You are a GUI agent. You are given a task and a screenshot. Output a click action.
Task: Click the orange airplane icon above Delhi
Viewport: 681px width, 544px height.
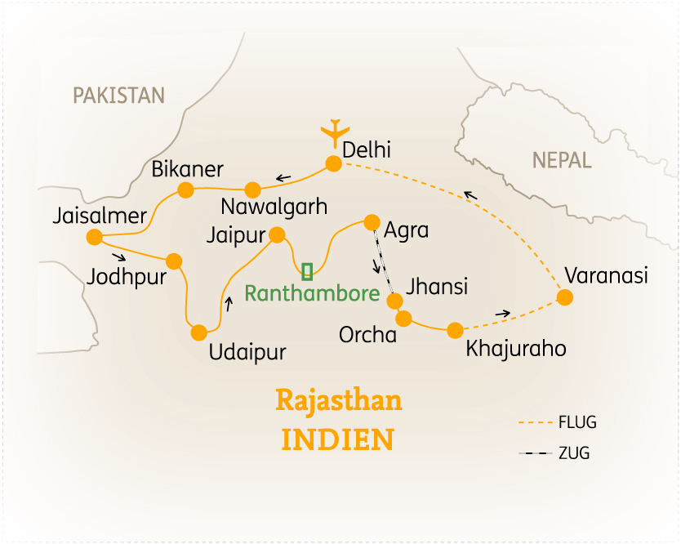click(334, 132)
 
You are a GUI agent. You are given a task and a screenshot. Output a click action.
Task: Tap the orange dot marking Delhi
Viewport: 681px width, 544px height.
click(333, 163)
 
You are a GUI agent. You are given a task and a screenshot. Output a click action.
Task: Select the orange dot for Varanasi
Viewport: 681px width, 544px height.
click(564, 297)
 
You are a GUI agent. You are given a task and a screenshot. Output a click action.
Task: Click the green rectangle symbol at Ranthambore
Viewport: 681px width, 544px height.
click(307, 270)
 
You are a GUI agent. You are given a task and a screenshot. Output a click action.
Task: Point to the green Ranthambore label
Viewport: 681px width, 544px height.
click(313, 294)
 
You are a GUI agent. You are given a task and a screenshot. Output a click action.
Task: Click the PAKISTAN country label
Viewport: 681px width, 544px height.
click(118, 96)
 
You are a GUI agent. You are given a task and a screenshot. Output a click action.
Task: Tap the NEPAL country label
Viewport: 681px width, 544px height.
click(562, 160)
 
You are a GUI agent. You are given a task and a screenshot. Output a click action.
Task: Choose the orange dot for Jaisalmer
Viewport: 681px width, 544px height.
click(94, 238)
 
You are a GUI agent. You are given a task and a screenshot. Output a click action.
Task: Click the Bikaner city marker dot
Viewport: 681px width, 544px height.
click(185, 190)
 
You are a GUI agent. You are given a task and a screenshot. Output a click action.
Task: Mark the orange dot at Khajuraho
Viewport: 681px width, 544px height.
click(455, 330)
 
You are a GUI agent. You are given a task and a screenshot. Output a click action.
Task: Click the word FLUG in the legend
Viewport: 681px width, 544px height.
click(577, 423)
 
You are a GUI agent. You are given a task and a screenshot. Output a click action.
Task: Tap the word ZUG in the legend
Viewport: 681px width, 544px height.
click(574, 453)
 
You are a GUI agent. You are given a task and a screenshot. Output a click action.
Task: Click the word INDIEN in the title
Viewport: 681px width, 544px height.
click(338, 439)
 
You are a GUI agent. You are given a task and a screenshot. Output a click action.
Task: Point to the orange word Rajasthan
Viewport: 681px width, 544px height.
click(339, 402)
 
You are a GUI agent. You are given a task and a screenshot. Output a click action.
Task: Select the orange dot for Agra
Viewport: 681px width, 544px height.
click(372, 221)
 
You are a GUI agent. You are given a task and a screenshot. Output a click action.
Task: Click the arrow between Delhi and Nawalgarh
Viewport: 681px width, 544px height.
click(284, 177)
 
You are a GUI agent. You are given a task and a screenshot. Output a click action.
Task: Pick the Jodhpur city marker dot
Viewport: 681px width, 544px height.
click(174, 261)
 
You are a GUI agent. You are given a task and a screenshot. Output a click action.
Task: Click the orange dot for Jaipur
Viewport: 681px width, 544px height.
click(277, 236)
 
